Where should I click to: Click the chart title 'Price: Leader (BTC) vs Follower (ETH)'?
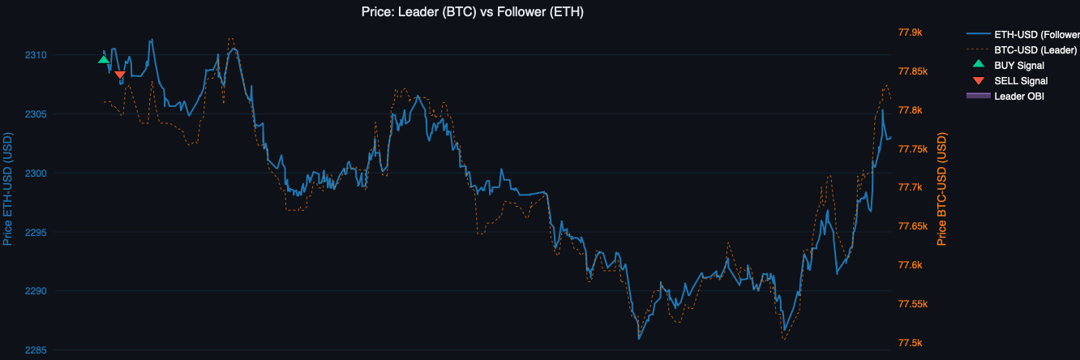[x=472, y=12]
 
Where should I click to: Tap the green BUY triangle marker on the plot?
[x=104, y=59]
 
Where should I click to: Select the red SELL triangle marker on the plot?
[x=120, y=75]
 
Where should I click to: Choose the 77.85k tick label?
[x=913, y=72]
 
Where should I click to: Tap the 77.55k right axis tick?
[x=913, y=304]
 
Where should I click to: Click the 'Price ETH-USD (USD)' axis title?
[x=9, y=188]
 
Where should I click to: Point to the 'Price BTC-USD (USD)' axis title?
[x=941, y=188]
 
